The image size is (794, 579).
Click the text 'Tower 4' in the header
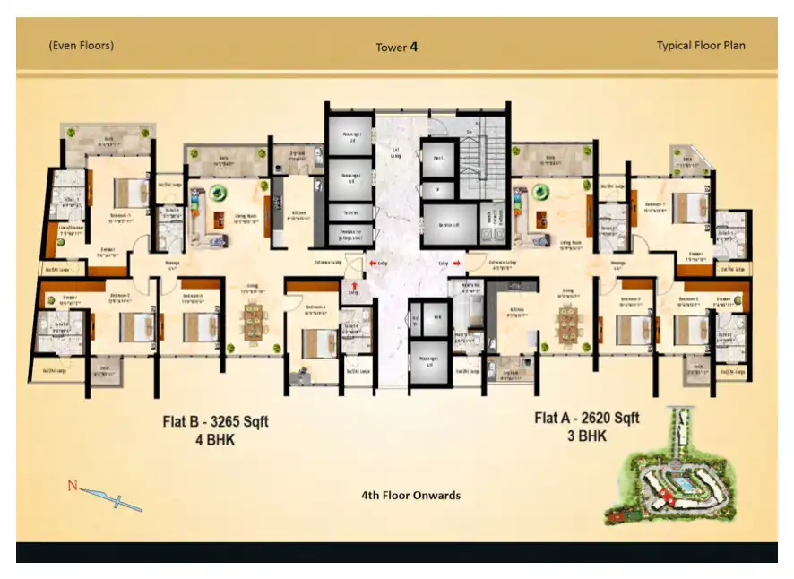pos(396,47)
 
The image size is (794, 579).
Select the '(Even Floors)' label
pos(81,45)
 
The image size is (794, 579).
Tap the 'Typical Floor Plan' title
pos(700,46)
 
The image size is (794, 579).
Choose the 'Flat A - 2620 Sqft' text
pos(587,418)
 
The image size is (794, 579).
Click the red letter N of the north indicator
pos(73,486)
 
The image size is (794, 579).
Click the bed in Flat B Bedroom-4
pos(315,343)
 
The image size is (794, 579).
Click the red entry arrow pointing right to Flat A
pos(459,263)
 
